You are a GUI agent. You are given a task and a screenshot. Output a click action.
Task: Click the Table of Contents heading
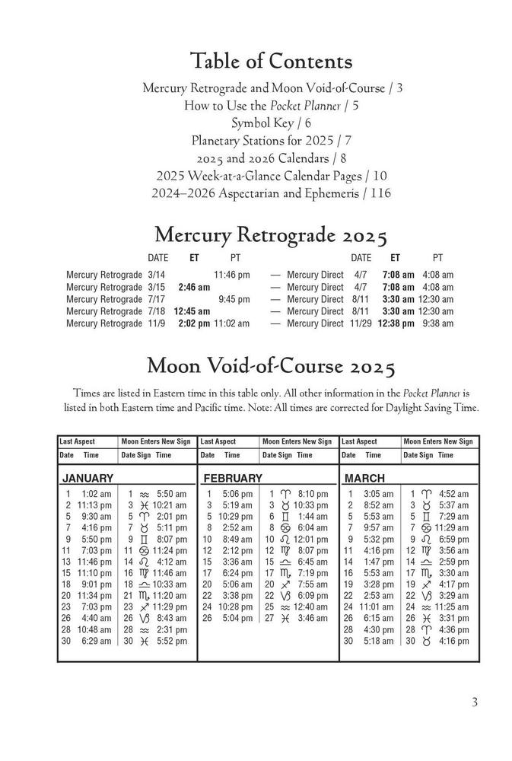click(272, 61)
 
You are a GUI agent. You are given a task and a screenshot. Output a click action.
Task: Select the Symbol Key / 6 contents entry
click(272, 123)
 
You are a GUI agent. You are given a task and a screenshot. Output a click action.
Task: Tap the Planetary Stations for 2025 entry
click(272, 141)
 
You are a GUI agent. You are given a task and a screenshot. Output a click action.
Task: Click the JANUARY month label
click(87, 479)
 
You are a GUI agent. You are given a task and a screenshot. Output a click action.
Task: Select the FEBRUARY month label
click(232, 479)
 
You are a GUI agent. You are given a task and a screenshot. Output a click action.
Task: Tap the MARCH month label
click(365, 479)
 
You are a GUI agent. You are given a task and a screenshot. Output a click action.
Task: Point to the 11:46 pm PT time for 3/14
click(231, 275)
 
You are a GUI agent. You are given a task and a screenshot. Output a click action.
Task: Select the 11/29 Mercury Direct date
click(361, 323)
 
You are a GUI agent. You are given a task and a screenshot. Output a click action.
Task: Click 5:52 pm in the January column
click(171, 642)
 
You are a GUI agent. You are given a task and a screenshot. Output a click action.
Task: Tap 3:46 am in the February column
click(312, 619)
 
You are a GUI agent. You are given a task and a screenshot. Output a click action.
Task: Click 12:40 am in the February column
click(311, 607)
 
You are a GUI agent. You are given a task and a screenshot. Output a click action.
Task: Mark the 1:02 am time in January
click(95, 494)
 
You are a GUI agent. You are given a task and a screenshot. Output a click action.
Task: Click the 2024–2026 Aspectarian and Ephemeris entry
click(272, 193)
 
